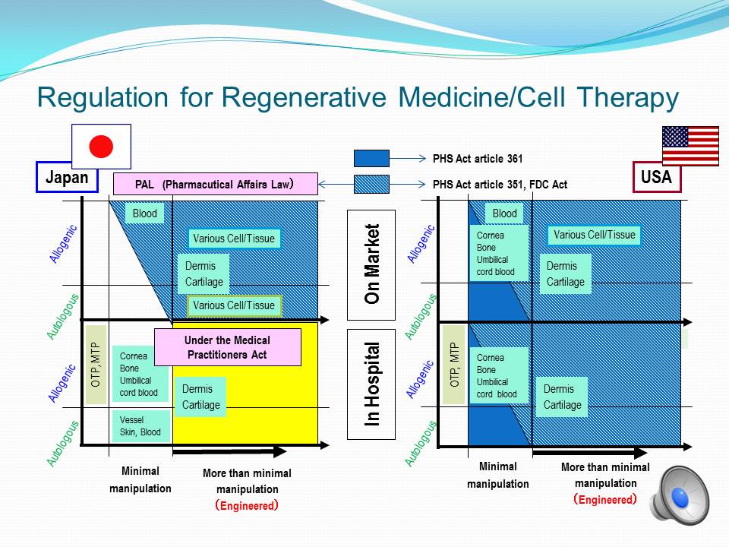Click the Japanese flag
tap(101, 147)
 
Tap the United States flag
tap(690, 146)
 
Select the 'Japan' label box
tap(67, 177)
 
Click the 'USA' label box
tap(656, 177)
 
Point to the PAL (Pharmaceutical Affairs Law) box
tap(216, 184)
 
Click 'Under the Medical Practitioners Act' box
tap(227, 347)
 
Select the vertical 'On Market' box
tap(371, 264)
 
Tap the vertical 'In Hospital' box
tap(371, 384)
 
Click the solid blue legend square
tap(371, 158)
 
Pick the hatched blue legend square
tap(371, 184)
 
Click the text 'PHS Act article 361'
tap(478, 159)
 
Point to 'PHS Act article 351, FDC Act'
tap(500, 185)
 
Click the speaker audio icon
tap(680, 495)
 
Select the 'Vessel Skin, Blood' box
tap(141, 426)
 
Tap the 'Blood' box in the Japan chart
tap(144, 213)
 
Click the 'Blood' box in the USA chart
tap(504, 213)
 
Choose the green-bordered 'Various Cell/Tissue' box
tap(235, 305)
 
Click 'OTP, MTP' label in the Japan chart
tap(96, 365)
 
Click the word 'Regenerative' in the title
tap(304, 97)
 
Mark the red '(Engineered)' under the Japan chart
tap(247, 506)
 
